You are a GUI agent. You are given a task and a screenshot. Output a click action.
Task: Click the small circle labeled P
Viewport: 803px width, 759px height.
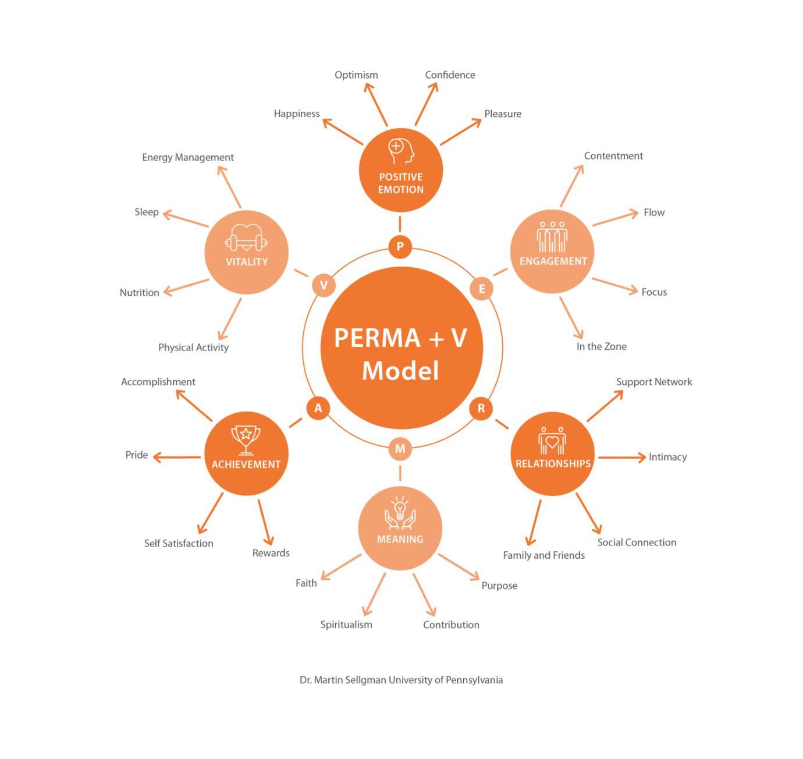coord(400,246)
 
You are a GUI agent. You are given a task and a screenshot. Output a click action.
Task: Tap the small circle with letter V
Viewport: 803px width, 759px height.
coord(324,285)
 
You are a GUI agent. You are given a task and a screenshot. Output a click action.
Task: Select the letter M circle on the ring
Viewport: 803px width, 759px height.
coord(400,449)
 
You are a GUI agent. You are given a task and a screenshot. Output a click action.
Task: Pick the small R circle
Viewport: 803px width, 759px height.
coord(481,408)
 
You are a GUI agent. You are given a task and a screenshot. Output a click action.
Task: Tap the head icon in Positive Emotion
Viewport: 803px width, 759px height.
coord(401,151)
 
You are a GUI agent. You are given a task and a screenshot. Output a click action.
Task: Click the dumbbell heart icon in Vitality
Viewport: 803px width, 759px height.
coord(246,238)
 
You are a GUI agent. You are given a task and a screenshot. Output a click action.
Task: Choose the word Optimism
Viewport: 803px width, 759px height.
coord(356,75)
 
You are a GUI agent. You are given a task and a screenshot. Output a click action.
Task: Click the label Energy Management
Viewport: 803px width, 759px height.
coord(187,157)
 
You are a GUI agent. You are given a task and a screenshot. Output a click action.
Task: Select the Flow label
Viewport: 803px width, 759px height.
coord(654,212)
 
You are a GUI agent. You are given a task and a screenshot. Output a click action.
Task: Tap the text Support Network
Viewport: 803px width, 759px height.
coord(654,382)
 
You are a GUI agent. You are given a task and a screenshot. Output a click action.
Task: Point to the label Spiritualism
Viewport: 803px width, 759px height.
coord(346,625)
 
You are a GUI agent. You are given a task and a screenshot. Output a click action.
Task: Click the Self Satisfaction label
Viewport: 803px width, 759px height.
coord(179,543)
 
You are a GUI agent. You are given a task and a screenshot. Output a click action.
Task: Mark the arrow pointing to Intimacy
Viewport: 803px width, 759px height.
coord(621,457)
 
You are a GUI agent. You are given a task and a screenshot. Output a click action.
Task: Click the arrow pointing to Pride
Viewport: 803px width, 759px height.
coord(177,457)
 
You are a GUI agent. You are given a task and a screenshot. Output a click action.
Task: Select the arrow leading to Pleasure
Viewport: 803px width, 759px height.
coord(461,132)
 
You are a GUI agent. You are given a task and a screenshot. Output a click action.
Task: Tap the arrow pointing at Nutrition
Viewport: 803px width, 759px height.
coord(186,286)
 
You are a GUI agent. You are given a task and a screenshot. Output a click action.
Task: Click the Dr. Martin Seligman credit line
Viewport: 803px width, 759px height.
coord(401,680)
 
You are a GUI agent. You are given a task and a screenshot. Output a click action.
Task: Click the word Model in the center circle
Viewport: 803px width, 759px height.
coord(400,371)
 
